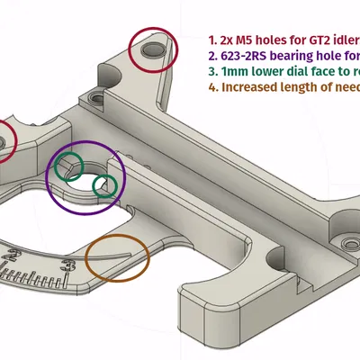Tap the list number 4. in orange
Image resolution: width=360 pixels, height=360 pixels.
pos(213,88)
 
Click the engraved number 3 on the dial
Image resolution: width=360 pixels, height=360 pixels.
pos(68,264)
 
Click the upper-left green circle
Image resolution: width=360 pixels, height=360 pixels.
pos(67,166)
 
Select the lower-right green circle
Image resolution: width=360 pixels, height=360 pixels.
pos(104,185)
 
